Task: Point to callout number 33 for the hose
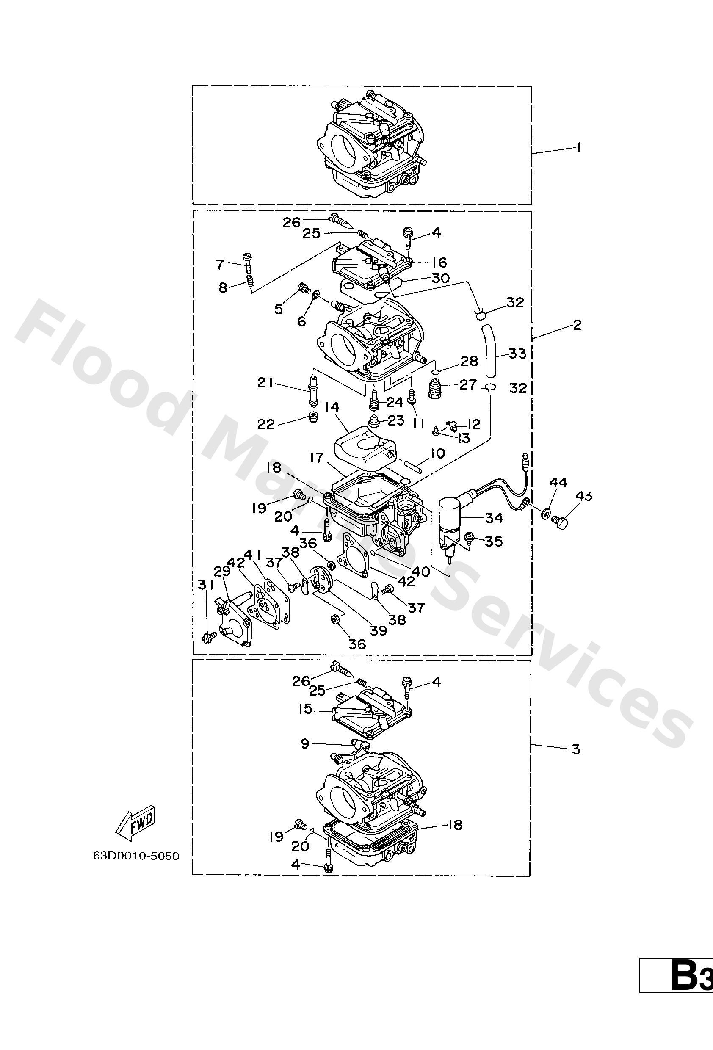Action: tap(517, 353)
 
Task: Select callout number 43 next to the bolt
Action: tap(583, 496)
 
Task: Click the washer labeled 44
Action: tap(545, 513)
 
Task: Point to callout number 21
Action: tap(265, 383)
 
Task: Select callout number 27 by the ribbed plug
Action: tap(468, 384)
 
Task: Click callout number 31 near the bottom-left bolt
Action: tap(206, 585)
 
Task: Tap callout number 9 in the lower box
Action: tap(305, 743)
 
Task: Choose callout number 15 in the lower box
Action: tap(305, 709)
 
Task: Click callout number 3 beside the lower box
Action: tap(576, 750)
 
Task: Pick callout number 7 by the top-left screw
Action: tap(220, 264)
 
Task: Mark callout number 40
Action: tap(421, 572)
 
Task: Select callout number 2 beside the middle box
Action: tap(577, 325)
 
